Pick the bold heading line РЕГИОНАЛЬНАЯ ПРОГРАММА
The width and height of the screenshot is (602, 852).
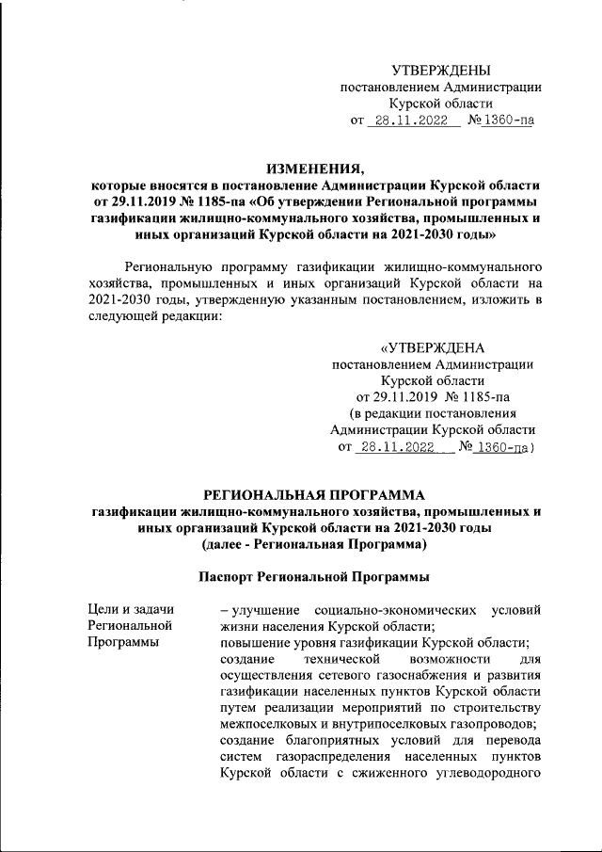pyautogui.click(x=315, y=494)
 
